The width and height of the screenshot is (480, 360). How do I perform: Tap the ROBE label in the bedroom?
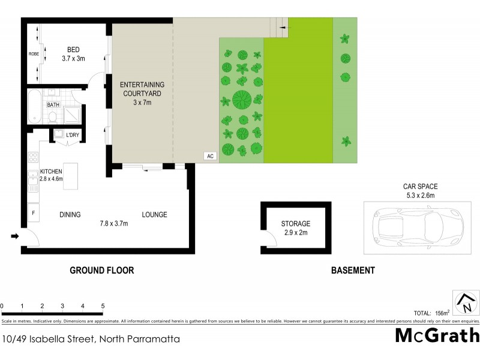click(x=34, y=54)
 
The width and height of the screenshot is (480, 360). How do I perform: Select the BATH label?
click(x=53, y=105)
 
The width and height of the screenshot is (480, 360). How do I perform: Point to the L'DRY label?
click(x=73, y=135)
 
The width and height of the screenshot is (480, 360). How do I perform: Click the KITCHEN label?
click(x=51, y=171)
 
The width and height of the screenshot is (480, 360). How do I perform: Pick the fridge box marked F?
click(x=34, y=212)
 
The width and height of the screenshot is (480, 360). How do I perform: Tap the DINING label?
click(x=70, y=215)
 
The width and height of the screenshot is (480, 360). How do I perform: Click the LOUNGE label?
click(x=154, y=215)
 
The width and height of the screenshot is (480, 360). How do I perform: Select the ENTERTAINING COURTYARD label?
click(x=142, y=89)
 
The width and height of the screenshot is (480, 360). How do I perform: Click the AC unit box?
click(x=210, y=156)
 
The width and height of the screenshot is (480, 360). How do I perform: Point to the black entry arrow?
click(x=15, y=237)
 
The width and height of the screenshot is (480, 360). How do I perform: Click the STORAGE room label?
click(x=296, y=224)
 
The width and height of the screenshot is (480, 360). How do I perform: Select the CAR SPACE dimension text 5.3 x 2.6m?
click(x=419, y=194)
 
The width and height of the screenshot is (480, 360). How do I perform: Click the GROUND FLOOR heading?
click(x=102, y=271)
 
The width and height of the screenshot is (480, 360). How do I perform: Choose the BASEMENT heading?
click(x=353, y=271)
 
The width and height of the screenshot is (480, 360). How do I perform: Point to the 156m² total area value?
click(x=443, y=313)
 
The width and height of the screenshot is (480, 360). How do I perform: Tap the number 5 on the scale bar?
click(x=103, y=306)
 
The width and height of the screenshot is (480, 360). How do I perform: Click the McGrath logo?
click(x=437, y=335)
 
